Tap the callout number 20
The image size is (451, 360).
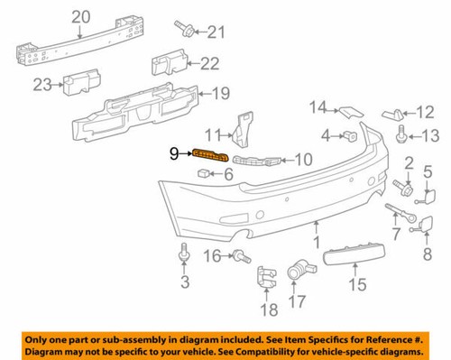81,15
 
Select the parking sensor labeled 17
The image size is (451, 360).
299,271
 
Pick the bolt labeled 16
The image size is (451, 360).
241,257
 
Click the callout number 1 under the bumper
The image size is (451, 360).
317,242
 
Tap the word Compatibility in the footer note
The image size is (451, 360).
281,351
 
